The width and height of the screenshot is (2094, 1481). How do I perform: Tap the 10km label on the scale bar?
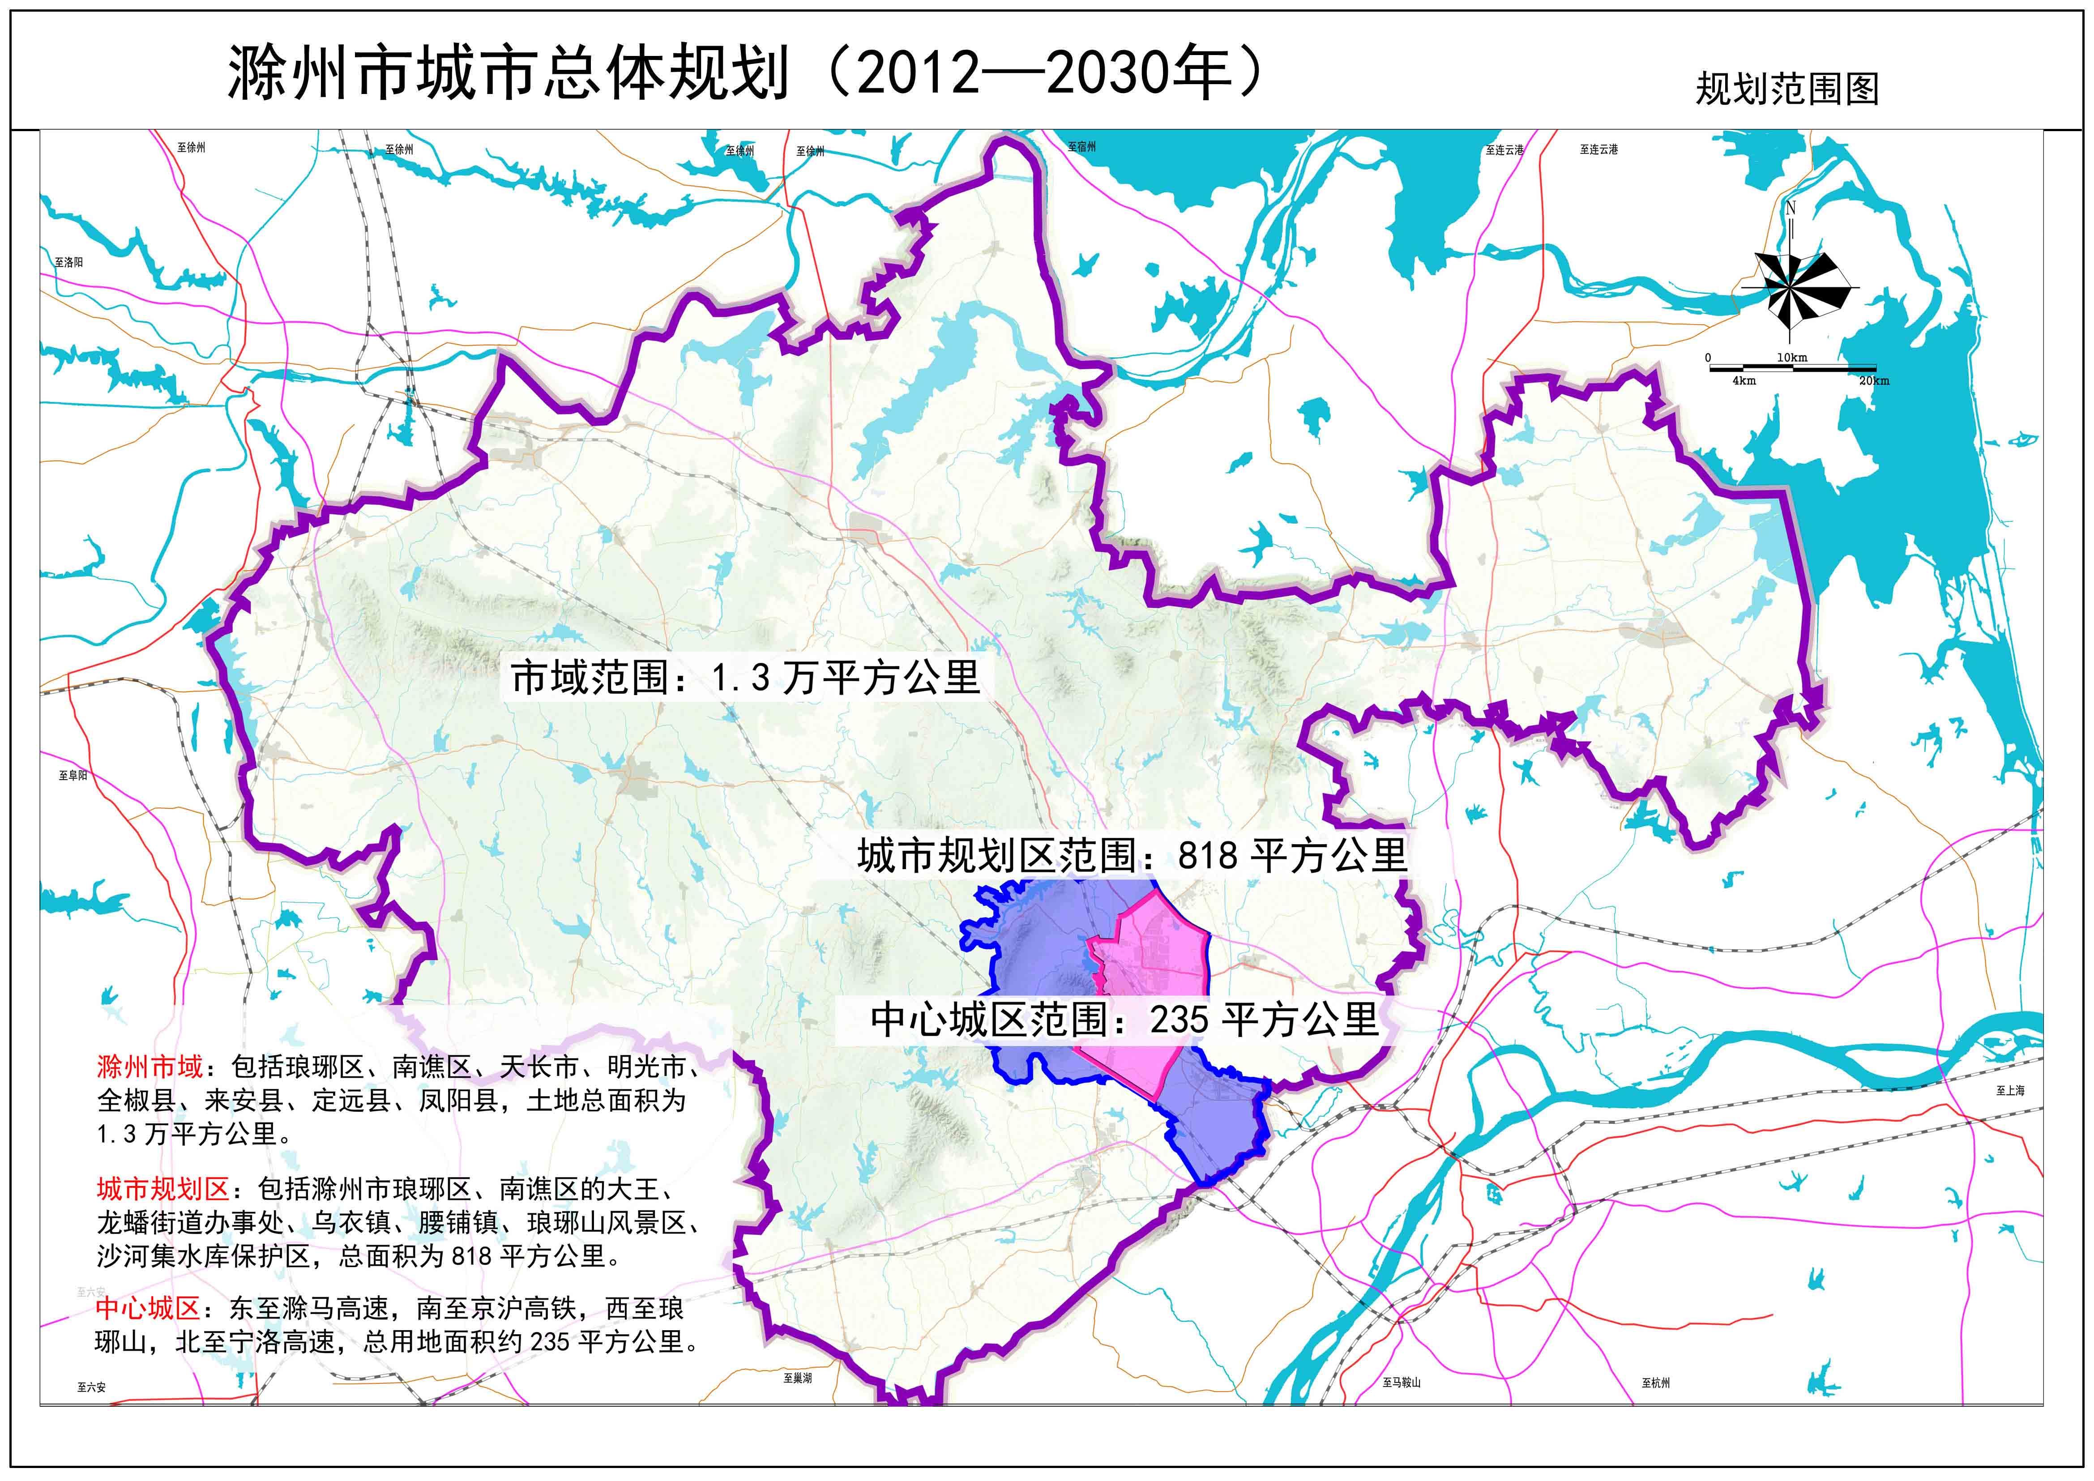click(1791, 358)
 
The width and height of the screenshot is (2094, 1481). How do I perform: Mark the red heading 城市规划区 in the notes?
click(162, 1189)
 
